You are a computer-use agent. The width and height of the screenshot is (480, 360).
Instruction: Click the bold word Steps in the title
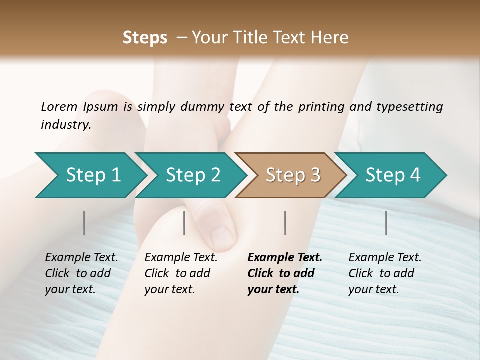[145, 38]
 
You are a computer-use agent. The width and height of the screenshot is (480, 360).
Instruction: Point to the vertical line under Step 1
[84, 223]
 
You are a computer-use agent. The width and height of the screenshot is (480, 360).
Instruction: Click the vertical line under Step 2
[184, 223]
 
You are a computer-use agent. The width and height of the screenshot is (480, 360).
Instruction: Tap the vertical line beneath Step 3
[285, 223]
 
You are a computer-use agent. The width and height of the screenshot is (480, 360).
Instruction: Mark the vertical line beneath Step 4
[386, 223]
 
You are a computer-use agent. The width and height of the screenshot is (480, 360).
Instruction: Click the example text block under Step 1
[81, 273]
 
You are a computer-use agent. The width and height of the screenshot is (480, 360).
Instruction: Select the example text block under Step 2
[181, 273]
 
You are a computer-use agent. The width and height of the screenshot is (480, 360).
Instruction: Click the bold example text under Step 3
[285, 273]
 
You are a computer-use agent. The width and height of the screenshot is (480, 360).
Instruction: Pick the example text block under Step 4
[385, 273]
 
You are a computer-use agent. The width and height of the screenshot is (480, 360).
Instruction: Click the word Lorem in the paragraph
[59, 107]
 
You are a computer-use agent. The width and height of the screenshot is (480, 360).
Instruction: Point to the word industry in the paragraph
[66, 125]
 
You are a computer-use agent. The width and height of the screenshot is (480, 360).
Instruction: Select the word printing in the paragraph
[321, 107]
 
